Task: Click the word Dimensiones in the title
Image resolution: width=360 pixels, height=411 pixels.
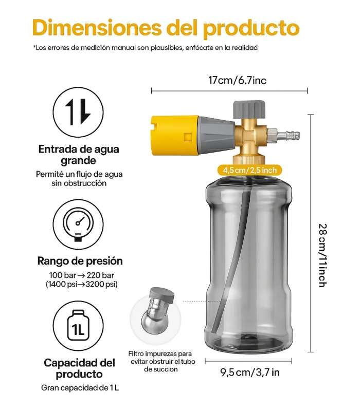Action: click(97, 28)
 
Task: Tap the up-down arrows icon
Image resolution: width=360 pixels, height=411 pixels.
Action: click(78, 112)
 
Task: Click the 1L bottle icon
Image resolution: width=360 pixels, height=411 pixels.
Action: click(78, 326)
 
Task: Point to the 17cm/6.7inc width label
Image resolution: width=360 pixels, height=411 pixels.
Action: click(237, 80)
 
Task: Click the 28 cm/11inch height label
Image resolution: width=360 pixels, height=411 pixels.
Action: click(322, 255)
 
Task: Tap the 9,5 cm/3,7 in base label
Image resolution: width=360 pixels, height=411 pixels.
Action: click(250, 372)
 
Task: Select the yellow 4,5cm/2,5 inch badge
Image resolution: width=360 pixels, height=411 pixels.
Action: click(250, 171)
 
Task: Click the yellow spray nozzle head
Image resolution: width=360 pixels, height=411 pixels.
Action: click(174, 136)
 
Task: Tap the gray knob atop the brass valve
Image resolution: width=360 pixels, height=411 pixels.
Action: click(249, 109)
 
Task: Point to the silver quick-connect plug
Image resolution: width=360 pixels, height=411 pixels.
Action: click(284, 136)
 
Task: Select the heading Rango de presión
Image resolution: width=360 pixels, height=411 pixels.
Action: click(80, 261)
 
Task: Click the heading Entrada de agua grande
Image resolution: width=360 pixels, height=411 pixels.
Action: click(79, 155)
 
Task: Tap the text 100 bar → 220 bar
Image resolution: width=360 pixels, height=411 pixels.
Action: click(82, 275)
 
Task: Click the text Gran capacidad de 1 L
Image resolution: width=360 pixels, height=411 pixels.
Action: click(80, 388)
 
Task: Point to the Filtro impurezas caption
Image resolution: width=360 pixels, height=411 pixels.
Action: click(161, 362)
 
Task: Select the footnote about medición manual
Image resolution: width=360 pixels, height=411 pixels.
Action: click(145, 48)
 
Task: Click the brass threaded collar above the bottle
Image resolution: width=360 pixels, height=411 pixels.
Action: click(249, 160)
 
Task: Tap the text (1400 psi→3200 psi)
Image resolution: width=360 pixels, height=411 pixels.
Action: click(82, 284)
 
